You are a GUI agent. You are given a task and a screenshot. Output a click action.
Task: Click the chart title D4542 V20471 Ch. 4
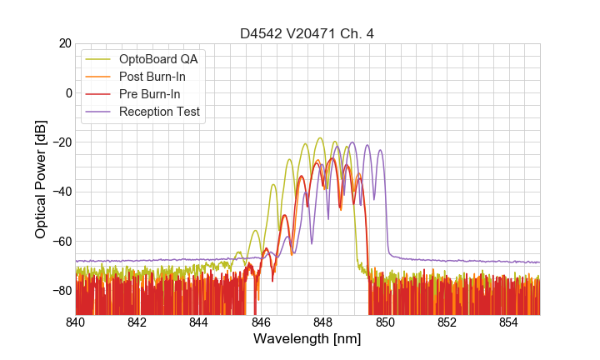click(x=307, y=34)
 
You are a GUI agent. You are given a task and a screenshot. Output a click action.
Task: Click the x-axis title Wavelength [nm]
click(x=307, y=339)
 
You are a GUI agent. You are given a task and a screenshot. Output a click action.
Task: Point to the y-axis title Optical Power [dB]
click(x=41, y=179)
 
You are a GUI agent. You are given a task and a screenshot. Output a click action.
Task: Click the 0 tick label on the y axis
click(x=67, y=92)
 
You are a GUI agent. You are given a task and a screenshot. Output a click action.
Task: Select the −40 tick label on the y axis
click(x=61, y=192)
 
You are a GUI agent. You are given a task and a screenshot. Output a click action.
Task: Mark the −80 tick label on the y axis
click(x=61, y=290)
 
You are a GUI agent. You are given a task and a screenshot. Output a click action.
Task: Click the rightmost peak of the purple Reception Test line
click(x=380, y=150)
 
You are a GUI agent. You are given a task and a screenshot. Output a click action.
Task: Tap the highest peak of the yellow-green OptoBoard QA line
click(x=320, y=138)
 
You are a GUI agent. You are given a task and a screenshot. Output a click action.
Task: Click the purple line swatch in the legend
click(x=99, y=112)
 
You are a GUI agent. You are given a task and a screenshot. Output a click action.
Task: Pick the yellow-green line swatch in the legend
click(x=99, y=59)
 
